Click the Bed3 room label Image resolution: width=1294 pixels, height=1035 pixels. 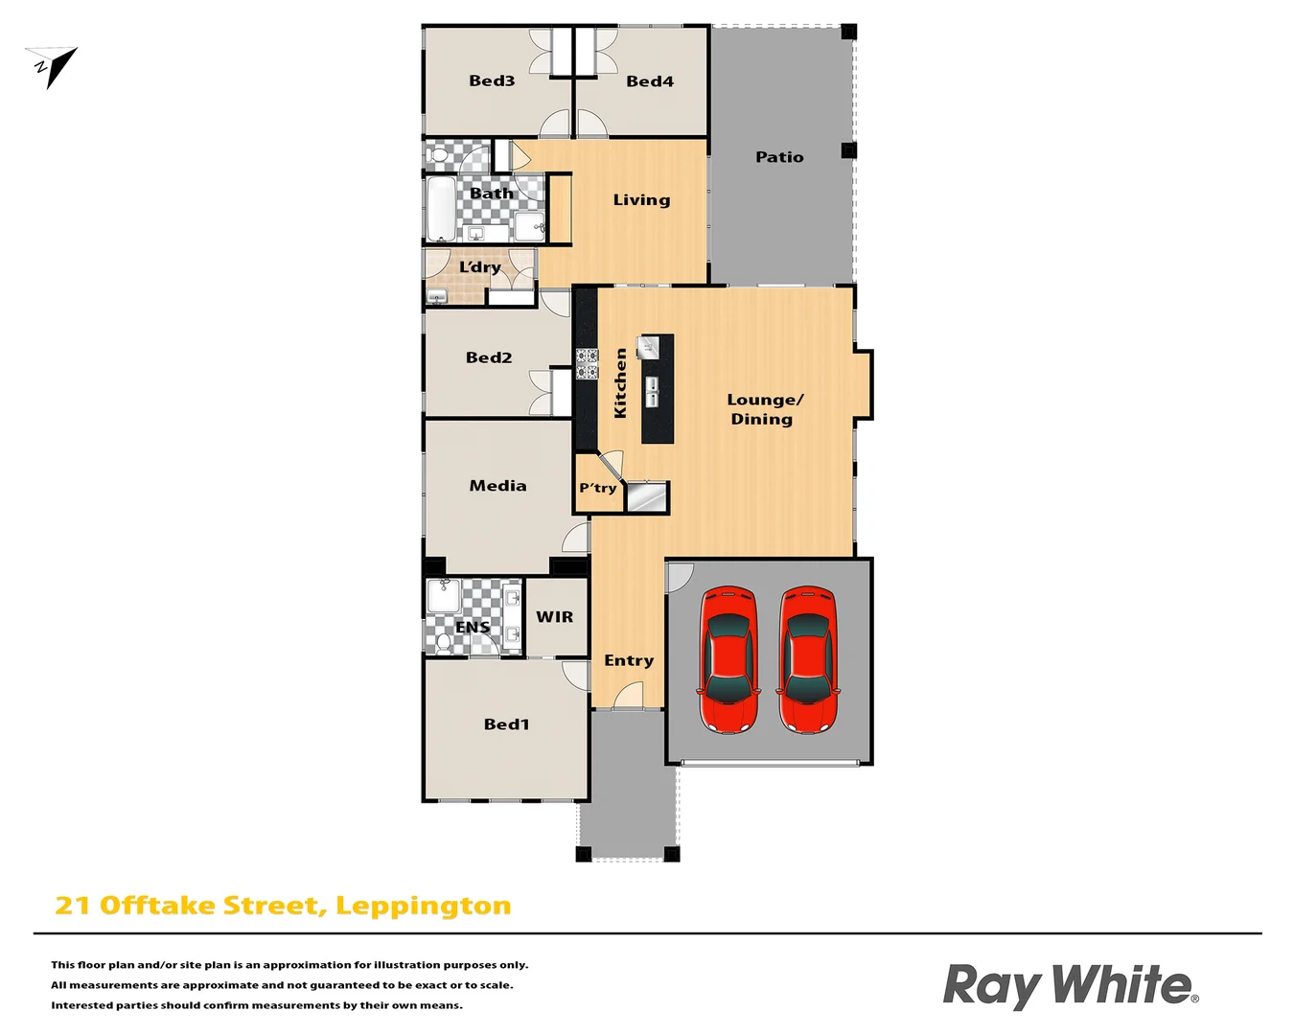(492, 81)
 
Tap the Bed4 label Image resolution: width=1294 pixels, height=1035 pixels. (650, 81)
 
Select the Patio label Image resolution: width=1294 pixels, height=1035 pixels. (779, 157)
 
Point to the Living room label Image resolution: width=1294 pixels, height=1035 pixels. (641, 200)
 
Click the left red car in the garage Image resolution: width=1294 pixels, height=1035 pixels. (729, 659)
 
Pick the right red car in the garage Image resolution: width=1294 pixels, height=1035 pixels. (807, 659)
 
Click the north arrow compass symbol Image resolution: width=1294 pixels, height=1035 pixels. (53, 66)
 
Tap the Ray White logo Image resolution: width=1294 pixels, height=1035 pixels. (1070, 985)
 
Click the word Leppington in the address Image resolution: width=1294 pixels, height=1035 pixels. (423, 906)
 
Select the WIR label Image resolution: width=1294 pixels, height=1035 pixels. (555, 617)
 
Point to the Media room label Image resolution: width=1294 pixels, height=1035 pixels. (497, 486)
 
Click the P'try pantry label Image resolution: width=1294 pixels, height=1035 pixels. (598, 488)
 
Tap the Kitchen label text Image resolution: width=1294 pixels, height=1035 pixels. (620, 382)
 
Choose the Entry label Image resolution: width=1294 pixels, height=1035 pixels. (629, 660)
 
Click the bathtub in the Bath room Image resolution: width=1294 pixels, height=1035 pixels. (441, 209)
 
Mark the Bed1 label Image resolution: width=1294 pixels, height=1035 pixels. (506, 724)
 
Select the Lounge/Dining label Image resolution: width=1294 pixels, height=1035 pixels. (764, 409)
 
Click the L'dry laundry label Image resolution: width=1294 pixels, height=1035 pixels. (479, 267)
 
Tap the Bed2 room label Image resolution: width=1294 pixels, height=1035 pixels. (489, 357)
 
